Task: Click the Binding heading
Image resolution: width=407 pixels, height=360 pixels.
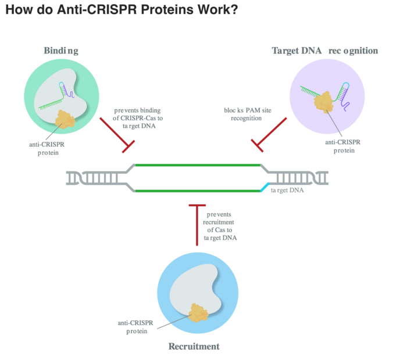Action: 61,51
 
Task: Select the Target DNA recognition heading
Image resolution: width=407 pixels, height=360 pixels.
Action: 324,51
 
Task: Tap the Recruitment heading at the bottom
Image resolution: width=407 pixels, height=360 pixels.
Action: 194,346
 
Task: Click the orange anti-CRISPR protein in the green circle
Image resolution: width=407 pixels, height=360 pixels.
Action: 65,119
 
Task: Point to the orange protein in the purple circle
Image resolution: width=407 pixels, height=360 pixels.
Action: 323,102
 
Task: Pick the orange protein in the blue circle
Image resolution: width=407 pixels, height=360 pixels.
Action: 199,313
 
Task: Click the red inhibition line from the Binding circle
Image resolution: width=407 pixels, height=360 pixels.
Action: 117,136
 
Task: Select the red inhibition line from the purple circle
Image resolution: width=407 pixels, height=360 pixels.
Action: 269,135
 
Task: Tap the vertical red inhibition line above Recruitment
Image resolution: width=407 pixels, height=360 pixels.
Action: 197,224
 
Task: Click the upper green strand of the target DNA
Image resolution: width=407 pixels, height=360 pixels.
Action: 198,165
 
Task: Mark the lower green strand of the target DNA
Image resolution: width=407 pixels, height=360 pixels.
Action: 198,191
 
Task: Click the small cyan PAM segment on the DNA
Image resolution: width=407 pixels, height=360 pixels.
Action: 265,187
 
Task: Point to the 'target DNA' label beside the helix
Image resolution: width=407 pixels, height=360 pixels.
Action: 287,190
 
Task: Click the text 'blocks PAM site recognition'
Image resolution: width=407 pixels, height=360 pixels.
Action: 247,114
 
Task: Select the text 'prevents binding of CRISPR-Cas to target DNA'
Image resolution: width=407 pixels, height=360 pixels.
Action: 138,118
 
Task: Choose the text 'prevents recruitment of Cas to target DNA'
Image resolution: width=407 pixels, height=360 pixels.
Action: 220,226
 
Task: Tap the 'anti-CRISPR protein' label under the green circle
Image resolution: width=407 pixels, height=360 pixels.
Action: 47,148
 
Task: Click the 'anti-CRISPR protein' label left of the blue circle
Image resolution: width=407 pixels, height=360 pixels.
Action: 135,327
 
